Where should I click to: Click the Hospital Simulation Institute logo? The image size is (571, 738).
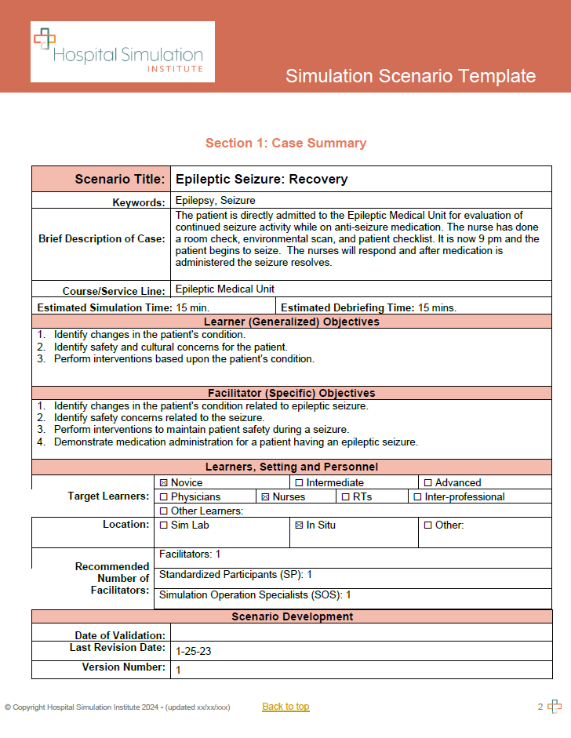122,52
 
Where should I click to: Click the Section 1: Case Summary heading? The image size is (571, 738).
285,143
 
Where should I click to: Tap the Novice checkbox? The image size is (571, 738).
164,483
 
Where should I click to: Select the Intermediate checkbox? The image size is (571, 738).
299,483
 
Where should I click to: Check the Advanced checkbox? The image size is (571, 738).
427,483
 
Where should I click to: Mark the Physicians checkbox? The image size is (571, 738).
164,496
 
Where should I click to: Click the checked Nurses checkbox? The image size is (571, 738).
265,496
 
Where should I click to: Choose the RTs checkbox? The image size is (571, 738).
345,496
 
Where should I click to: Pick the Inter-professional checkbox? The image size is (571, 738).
417,496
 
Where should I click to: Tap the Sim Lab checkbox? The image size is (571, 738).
164,525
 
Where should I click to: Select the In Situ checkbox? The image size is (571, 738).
299,525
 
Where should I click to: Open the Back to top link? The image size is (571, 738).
285,707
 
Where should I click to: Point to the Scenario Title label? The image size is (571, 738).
119,180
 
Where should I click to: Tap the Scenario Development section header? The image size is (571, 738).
292,616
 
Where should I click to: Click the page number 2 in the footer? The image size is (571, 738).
540,707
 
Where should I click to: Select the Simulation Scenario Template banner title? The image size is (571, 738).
410,76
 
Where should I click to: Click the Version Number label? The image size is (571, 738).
124,667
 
